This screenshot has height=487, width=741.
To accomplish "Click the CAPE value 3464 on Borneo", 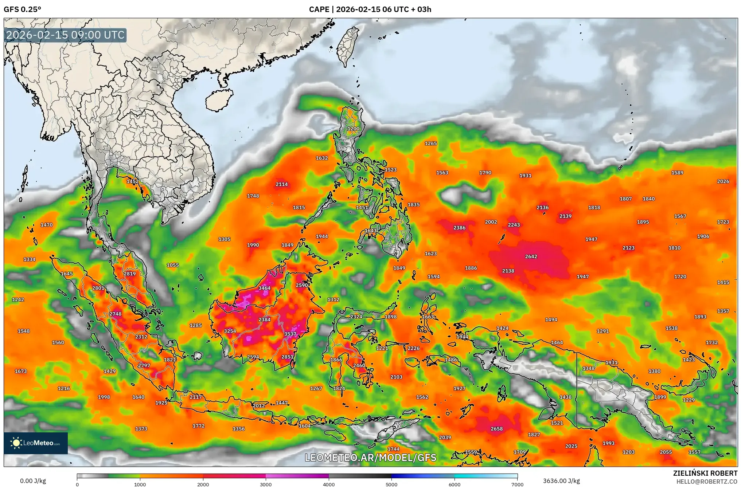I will [264, 288].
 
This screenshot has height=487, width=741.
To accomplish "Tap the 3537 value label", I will [290, 334].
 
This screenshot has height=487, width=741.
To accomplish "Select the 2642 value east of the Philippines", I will [531, 256].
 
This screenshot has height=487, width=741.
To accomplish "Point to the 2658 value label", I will [496, 429].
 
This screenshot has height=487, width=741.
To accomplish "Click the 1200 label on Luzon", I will [353, 129].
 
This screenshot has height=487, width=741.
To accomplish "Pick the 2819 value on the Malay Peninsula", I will [129, 274].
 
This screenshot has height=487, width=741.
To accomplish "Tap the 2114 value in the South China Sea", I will [281, 184].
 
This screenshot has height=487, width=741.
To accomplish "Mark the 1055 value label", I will [172, 265].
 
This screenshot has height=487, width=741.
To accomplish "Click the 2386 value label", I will [459, 228].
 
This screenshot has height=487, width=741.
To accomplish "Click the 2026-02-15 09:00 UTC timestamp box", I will [66, 35].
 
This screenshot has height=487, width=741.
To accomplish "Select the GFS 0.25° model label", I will [22, 9].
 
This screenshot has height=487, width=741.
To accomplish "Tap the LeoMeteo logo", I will [36, 443].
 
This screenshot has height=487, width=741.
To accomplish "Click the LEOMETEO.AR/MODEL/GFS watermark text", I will [370, 457].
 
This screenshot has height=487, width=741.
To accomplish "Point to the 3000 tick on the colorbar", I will [266, 484].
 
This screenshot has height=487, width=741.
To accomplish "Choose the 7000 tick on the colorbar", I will [517, 484].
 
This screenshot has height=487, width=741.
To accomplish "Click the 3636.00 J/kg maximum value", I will [561, 481].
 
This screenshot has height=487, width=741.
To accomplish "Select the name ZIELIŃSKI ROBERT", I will [705, 473].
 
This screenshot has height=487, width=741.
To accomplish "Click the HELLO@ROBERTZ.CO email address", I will [707, 482].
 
